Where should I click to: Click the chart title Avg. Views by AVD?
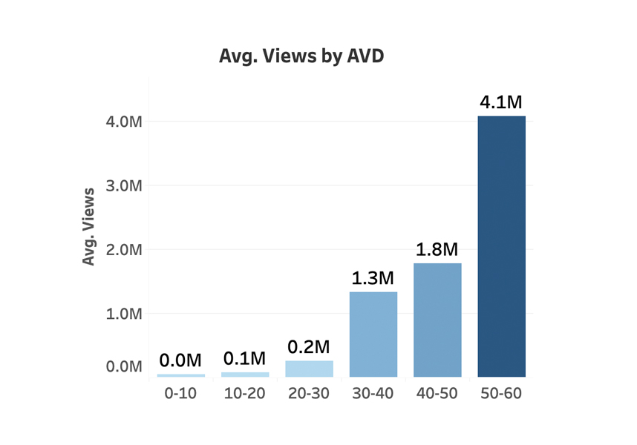(x=301, y=56)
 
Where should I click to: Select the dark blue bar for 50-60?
(x=501, y=246)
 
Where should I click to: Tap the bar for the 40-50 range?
(x=437, y=320)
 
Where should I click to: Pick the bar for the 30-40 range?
(x=373, y=334)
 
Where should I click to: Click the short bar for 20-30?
(x=310, y=369)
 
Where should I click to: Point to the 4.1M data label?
(x=502, y=102)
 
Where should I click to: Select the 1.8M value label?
(x=437, y=250)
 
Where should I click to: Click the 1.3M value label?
(x=373, y=279)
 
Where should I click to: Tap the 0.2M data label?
(x=309, y=347)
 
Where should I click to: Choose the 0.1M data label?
(x=245, y=360)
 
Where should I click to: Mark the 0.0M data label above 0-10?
(x=180, y=361)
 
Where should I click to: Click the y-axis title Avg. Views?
(x=89, y=227)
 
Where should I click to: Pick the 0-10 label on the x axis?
(x=180, y=394)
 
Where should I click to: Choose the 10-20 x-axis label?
(x=245, y=394)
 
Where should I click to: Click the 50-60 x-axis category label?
(x=501, y=394)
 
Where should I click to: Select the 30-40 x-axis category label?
(x=373, y=394)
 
